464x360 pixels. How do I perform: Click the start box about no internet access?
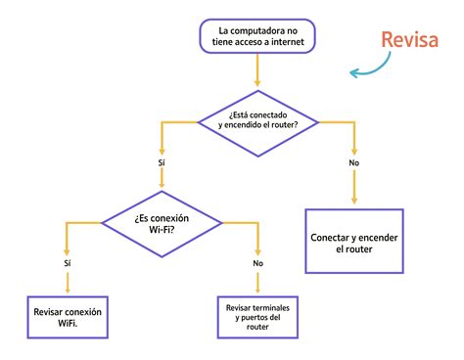(257, 36)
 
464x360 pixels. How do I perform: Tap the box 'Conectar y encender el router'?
(354, 243)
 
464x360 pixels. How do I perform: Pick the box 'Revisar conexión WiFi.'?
(67, 317)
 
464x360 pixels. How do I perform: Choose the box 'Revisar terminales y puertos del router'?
(258, 317)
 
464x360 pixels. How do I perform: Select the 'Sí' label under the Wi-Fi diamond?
(67, 263)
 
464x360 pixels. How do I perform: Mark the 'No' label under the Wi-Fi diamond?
(258, 263)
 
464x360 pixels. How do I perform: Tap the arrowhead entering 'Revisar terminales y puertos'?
(258, 291)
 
